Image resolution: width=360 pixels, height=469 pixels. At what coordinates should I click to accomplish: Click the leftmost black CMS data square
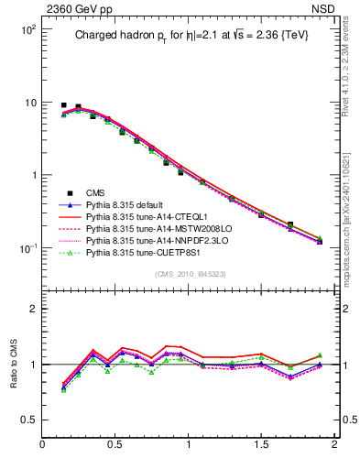coord(63,105)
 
